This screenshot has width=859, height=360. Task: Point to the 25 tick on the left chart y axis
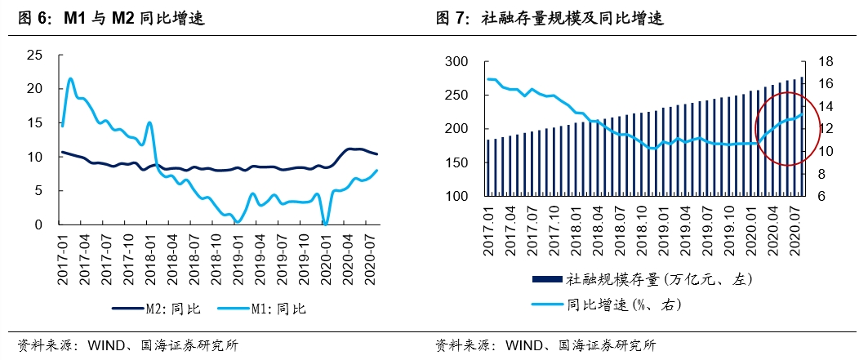pyautogui.click(x=34, y=55)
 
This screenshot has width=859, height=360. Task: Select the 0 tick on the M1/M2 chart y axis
pyautogui.click(x=39, y=224)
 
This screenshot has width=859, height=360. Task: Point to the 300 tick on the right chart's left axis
pyautogui.click(x=455, y=62)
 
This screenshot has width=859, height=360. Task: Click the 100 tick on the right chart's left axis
pyautogui.click(x=455, y=197)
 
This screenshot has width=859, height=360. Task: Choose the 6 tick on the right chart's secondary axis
pyautogui.click(x=821, y=197)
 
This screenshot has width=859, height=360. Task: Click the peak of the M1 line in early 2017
pyautogui.click(x=71, y=78)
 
